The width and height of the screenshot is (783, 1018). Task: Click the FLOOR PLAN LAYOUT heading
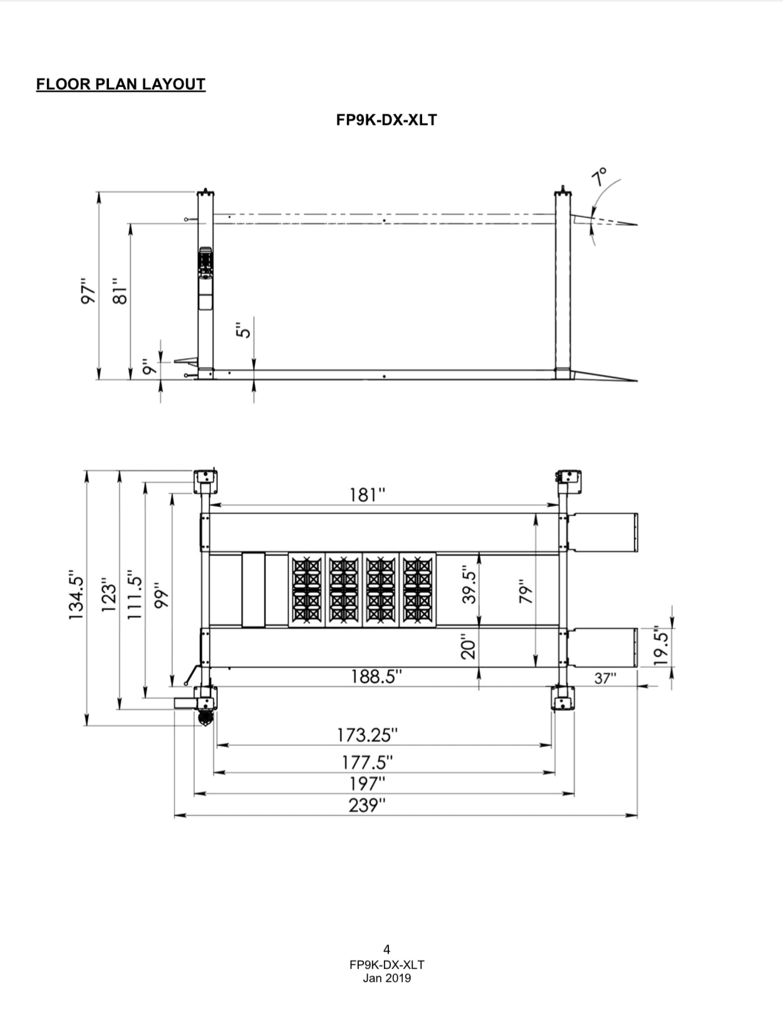pos(121,85)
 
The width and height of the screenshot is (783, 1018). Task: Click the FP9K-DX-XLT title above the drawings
pos(386,120)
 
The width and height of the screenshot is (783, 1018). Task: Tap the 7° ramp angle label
pos(599,177)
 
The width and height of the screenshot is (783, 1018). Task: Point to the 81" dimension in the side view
pos(120,291)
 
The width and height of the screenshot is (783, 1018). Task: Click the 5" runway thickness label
pos(244,328)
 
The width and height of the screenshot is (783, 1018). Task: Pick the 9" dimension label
pos(148,367)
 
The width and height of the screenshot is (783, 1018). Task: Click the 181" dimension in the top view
pos(367,495)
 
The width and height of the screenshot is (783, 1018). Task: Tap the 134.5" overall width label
pos(76,596)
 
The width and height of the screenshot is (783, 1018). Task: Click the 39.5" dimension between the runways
pos(469,585)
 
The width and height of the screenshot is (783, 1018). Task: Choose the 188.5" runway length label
pos(376,677)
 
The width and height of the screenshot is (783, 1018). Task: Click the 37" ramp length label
pos(605,678)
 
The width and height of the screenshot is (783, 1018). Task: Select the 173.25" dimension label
pos(367,735)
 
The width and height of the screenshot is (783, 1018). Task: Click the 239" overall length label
pos(367,805)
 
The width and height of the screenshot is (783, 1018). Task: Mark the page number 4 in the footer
pos(386,950)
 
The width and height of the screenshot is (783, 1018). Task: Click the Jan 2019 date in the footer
pos(386,978)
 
